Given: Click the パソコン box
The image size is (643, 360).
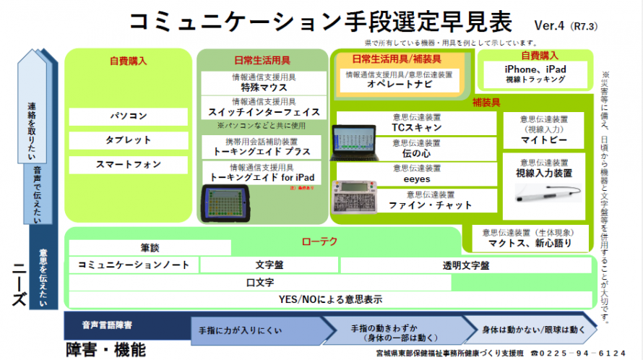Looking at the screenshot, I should coord(129,116).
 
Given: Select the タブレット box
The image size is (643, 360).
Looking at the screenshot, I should coord(129,140).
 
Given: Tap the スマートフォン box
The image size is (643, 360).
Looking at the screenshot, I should coord(129,164).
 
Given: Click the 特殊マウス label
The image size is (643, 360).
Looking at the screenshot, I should coord(263,87).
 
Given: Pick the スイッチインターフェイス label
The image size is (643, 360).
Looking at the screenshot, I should coord(263,112).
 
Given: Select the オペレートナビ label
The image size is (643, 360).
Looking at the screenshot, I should coord(399,84).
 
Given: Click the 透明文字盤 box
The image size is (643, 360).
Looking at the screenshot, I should coord(465,265).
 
